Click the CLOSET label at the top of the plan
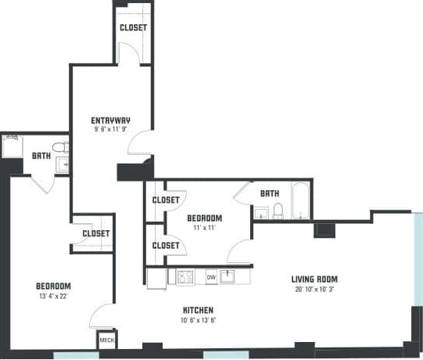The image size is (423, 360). [133, 28]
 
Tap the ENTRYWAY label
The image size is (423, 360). [110, 121]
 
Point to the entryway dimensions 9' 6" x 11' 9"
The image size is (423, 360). [110, 131]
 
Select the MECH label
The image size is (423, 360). [107, 342]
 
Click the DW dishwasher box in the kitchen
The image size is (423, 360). [211, 277]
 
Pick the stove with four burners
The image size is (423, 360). [186, 277]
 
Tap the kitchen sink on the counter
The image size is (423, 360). [228, 276]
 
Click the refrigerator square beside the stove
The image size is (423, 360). [157, 278]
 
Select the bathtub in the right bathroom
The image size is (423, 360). [302, 201]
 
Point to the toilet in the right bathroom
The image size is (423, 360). [277, 211]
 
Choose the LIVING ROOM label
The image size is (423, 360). [314, 279]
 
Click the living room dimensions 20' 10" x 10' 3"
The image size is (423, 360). [314, 290]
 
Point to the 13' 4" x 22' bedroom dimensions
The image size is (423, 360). [53, 297]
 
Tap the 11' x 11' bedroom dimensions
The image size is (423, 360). [205, 229]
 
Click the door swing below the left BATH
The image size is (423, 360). [42, 184]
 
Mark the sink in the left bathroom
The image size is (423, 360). [63, 164]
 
